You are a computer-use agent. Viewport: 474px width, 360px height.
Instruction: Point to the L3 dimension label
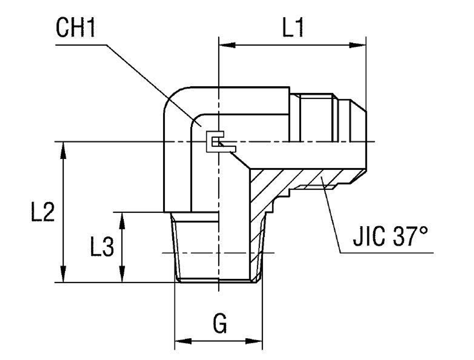click(x=102, y=248)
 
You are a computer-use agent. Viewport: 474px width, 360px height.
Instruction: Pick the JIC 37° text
click(x=390, y=237)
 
